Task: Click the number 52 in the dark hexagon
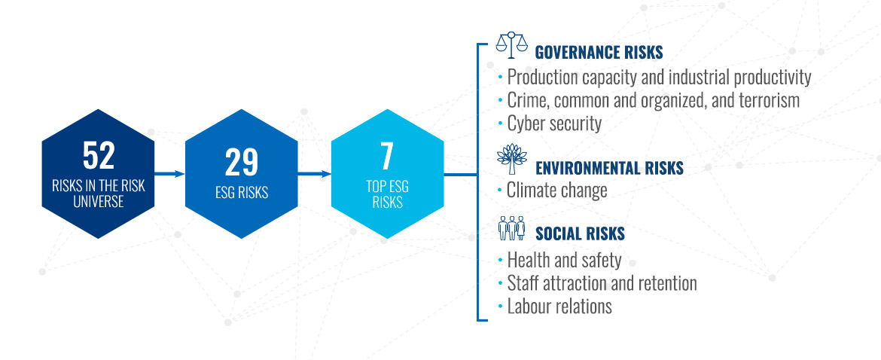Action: point(99,155)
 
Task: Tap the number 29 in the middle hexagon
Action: point(242,163)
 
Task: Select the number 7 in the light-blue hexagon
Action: point(387,157)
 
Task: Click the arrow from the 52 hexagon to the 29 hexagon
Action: point(169,174)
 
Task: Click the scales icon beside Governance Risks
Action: point(512,45)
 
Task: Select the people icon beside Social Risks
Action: point(512,229)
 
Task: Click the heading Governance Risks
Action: point(599,52)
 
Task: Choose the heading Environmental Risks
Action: point(610,168)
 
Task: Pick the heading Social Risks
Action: point(581,233)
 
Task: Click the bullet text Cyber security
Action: point(554,124)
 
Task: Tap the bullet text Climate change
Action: point(556,191)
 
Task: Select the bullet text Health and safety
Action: point(564,261)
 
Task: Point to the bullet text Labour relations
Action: point(559,307)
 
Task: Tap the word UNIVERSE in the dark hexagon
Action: point(99,202)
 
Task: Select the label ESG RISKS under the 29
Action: point(242,193)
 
